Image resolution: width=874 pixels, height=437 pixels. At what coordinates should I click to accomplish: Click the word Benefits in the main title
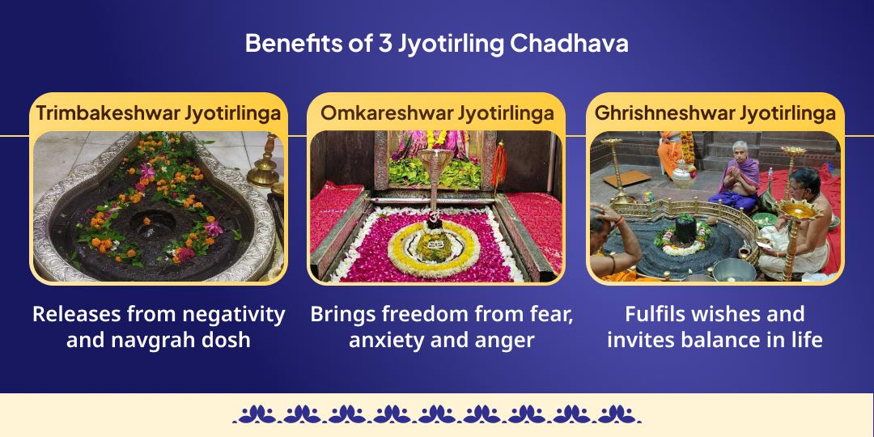(286, 43)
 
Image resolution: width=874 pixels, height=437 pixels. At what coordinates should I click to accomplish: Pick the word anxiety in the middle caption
(384, 340)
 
